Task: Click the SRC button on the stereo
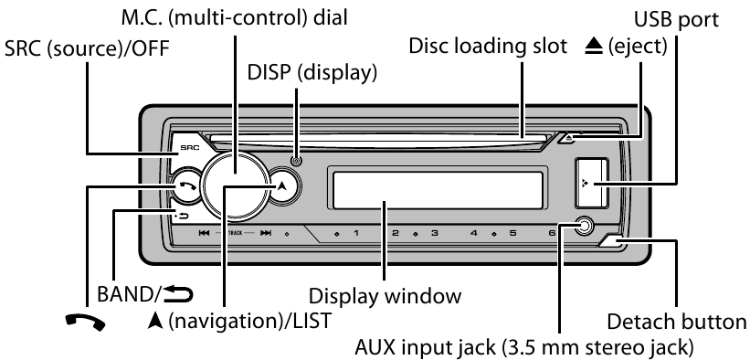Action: coord(186,146)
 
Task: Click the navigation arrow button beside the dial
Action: coord(282,184)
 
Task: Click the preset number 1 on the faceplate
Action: coord(355,235)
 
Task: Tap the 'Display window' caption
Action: coord(384,297)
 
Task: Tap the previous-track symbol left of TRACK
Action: coord(204,235)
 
